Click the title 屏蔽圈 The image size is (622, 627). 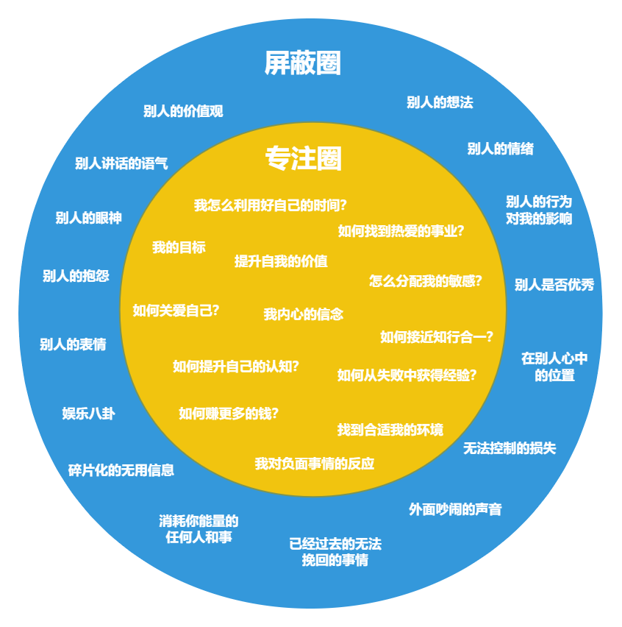(x=303, y=64)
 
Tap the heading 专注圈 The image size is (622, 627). (x=304, y=158)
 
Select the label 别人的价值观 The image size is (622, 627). (x=183, y=111)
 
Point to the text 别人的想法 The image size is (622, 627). (x=440, y=102)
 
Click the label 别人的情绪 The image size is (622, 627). (x=500, y=149)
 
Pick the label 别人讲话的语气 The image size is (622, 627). (x=121, y=163)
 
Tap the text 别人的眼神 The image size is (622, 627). (x=88, y=218)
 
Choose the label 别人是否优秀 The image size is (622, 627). (x=554, y=285)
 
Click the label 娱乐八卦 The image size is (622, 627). (x=88, y=414)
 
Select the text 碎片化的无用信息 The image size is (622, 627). (x=121, y=470)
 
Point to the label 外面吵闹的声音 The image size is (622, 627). (x=455, y=509)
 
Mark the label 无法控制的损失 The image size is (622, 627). (x=510, y=448)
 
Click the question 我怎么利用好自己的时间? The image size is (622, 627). (x=271, y=205)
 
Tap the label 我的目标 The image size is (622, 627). (x=179, y=247)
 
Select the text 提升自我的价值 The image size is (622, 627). (x=281, y=261)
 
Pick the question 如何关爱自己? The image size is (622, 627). (x=176, y=310)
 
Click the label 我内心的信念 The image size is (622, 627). (x=303, y=314)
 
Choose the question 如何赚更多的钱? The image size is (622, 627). (x=229, y=413)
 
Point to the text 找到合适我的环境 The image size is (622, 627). (x=390, y=430)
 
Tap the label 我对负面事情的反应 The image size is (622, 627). (x=315, y=464)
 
